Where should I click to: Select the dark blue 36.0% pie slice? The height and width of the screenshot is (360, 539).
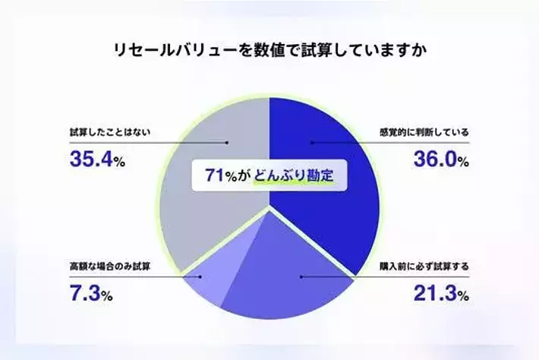pos(334,197)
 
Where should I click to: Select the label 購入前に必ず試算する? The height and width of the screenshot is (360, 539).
pos(424,267)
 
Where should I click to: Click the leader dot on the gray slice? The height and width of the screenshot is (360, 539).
pos(227,141)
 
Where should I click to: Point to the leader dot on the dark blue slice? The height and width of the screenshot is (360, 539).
pos(310,141)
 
